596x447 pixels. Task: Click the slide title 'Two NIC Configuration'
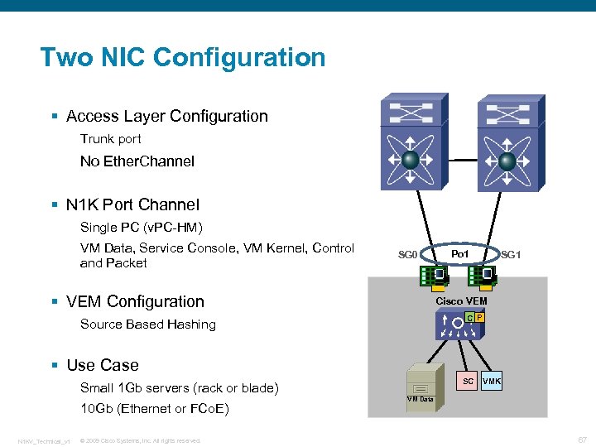(x=183, y=58)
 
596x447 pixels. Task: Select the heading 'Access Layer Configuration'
(x=166, y=117)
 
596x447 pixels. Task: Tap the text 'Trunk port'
(x=110, y=139)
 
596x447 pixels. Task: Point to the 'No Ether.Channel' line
(x=137, y=161)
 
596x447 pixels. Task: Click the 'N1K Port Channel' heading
(x=132, y=204)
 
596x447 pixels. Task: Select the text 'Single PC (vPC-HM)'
(x=142, y=227)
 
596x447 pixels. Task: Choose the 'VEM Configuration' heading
(x=135, y=302)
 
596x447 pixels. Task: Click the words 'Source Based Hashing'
(x=147, y=324)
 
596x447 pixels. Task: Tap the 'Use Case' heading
(x=102, y=365)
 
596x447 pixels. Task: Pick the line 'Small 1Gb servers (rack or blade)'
(x=179, y=388)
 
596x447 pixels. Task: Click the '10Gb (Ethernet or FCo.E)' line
(x=154, y=409)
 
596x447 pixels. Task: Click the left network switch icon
(x=410, y=146)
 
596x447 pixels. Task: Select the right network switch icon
(x=507, y=146)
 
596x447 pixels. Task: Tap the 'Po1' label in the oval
(x=461, y=252)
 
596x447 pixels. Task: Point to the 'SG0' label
(x=408, y=255)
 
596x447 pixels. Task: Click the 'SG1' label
(x=511, y=255)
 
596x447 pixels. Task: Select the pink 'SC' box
(x=468, y=382)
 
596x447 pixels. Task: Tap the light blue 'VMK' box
(x=492, y=382)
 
